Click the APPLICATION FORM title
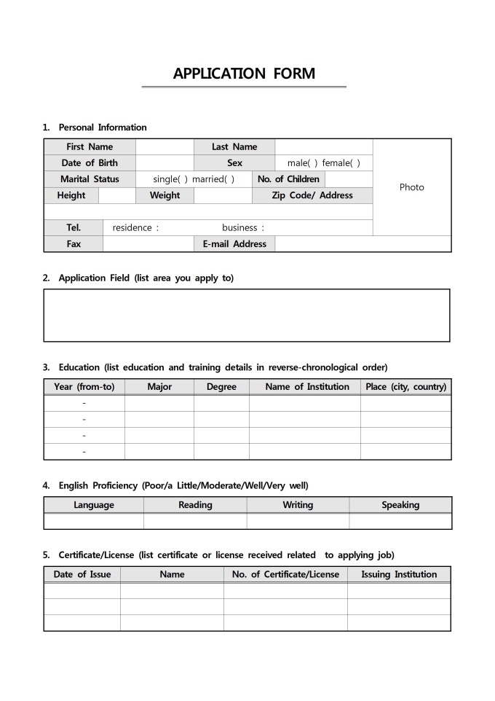[245, 74]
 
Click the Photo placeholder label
[411, 187]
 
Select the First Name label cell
[90, 146]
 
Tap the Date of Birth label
[90, 162]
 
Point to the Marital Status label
[90, 179]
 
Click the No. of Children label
[288, 179]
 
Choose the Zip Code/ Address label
[312, 195]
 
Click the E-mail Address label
[234, 244]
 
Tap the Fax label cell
[74, 244]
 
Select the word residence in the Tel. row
[132, 227]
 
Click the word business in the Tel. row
[239, 227]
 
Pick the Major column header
[159, 387]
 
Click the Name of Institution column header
[307, 387]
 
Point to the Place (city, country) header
[405, 387]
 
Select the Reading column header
[195, 505]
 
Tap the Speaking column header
[400, 505]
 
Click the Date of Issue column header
[82, 574]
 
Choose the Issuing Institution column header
[399, 574]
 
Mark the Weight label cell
[165, 195]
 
